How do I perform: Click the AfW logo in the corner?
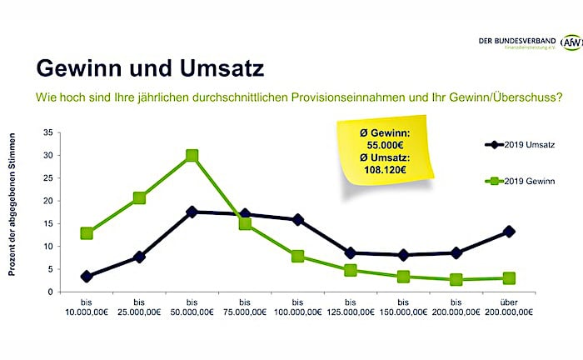(571, 42)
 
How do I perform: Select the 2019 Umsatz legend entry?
(517, 144)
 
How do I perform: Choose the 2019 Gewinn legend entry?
(517, 180)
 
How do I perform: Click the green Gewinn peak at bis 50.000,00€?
(192, 155)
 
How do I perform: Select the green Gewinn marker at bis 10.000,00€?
(87, 233)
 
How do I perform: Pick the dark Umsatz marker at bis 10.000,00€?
(87, 276)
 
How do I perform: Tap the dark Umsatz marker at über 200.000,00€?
(509, 232)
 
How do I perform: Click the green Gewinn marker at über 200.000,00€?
(509, 278)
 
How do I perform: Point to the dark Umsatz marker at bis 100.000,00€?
(297, 220)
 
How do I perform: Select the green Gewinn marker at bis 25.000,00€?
(139, 198)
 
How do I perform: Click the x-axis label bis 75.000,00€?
(245, 307)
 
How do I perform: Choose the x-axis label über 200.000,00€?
(509, 307)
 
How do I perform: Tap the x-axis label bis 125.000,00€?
(351, 307)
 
